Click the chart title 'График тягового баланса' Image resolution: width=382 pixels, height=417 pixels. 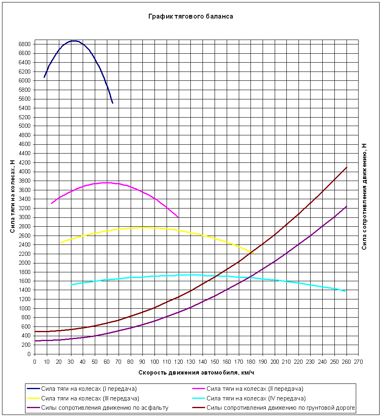[190, 17]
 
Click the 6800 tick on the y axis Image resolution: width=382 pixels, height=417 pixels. [25, 44]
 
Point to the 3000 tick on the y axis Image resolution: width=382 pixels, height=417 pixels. [25, 217]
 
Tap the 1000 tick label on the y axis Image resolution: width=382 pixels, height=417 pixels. [25, 308]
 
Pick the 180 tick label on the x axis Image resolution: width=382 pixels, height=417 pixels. [250, 361]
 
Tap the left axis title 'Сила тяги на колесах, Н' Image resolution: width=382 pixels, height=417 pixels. [13, 196]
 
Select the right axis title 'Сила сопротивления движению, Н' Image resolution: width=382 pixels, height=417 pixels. [364, 196]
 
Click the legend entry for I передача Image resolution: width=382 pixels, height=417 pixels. [89, 389]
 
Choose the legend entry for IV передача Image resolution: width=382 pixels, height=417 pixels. [255, 398]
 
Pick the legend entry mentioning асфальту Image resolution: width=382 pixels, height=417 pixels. [104, 407]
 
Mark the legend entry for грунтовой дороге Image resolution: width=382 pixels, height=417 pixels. [280, 407]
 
